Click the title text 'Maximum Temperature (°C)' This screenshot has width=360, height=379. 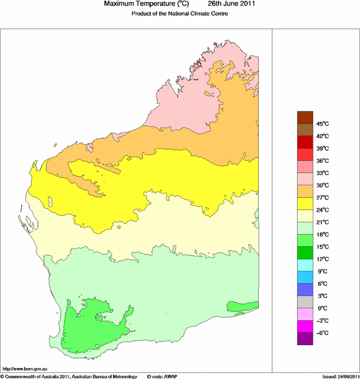click(x=147, y=4)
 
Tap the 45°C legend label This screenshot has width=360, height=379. click(x=322, y=124)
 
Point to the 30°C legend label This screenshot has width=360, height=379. click(x=322, y=185)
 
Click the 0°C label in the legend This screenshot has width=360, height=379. click(x=322, y=308)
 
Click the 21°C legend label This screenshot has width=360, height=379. click(x=322, y=222)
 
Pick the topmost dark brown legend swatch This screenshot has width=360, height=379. click(x=304, y=117)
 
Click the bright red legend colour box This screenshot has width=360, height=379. click(x=304, y=155)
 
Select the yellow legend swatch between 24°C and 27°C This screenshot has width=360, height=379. click(x=304, y=204)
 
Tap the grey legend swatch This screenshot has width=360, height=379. click(x=304, y=302)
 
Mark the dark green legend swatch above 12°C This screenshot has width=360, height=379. click(x=304, y=252)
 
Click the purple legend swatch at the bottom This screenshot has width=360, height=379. click(x=304, y=339)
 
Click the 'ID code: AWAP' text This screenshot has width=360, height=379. click(x=162, y=376)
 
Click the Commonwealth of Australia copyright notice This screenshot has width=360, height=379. click(x=69, y=376)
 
